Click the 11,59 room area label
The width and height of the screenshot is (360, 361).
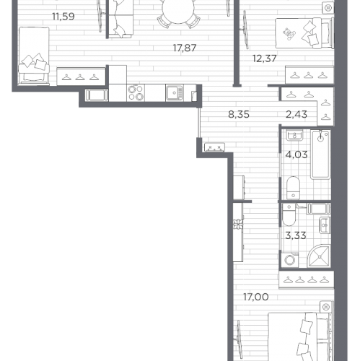tap(63, 17)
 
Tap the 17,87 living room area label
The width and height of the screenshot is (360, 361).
tap(185, 48)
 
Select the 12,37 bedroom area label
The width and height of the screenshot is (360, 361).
tap(265, 58)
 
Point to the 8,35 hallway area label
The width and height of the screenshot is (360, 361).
tap(239, 115)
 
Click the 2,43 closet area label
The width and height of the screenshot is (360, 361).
tap(297, 115)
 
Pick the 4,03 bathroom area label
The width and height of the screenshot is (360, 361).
tap(297, 155)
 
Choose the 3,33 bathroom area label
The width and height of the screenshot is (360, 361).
tap(296, 235)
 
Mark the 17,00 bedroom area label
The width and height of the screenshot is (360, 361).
tap(256, 297)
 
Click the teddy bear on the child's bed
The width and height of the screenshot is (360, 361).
tap(288, 34)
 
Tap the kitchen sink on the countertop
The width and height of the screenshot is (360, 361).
tap(175, 92)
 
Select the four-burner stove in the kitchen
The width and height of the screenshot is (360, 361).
tap(136, 92)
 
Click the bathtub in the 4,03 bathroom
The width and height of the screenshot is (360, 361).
tap(320, 155)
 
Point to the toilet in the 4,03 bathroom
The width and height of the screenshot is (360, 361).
tap(293, 188)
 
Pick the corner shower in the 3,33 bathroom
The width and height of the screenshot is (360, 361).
tap(319, 256)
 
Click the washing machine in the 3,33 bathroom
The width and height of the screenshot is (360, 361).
tap(290, 260)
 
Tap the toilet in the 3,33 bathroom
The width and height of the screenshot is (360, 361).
tap(289, 214)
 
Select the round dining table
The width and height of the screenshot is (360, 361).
tap(178, 9)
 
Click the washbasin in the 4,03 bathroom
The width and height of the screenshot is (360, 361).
tap(294, 135)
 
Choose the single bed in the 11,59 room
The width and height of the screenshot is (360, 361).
tap(34, 56)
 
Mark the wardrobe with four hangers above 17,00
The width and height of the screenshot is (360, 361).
tap(307, 279)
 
